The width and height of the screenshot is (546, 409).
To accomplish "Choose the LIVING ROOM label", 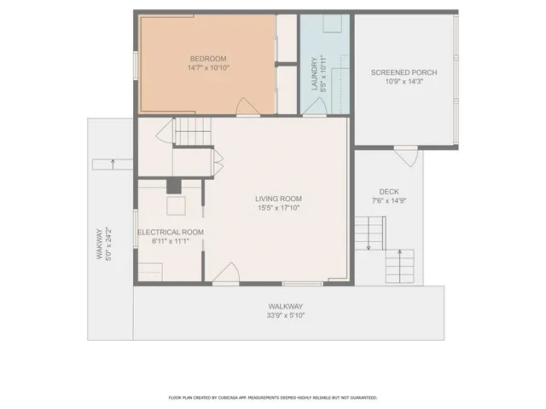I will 278,199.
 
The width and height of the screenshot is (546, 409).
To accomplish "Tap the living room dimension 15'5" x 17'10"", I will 278,208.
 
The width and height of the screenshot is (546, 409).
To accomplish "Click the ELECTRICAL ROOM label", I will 171,232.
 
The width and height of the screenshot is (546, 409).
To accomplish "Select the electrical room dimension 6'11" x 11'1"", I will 171,241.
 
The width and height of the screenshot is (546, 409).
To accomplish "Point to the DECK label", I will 389,192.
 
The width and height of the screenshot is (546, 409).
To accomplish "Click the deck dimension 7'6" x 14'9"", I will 389,201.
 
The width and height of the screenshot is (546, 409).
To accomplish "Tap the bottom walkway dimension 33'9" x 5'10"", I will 286,315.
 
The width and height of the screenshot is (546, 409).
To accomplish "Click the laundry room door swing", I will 314,107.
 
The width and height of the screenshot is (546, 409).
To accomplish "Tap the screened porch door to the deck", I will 407,154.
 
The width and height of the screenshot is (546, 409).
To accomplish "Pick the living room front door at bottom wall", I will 226,274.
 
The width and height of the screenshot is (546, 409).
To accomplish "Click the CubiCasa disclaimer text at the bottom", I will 272,398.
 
